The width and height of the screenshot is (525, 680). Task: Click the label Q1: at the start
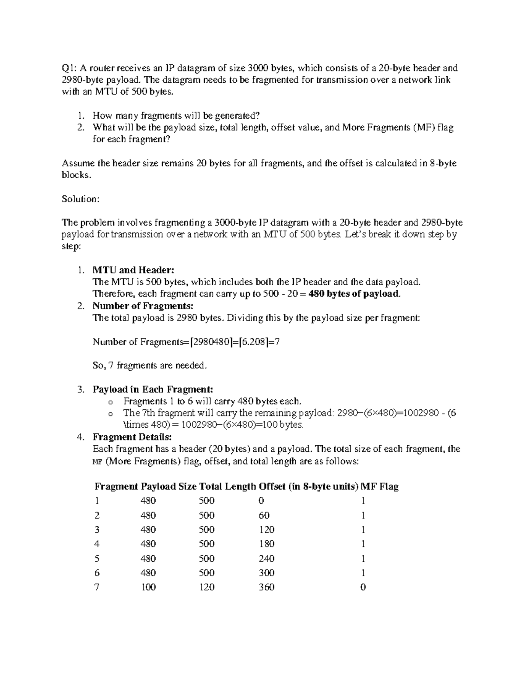click(x=69, y=68)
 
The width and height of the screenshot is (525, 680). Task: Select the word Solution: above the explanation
click(x=81, y=199)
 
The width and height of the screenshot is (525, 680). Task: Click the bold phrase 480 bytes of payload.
click(x=354, y=294)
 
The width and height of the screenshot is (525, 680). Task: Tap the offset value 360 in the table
click(x=266, y=587)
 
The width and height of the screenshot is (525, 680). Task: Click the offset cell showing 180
click(x=266, y=544)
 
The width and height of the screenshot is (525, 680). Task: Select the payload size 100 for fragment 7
click(x=148, y=587)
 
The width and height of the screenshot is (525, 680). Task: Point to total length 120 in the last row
click(x=206, y=587)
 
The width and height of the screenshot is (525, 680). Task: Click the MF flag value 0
click(x=363, y=587)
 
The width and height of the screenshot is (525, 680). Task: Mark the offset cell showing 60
click(x=264, y=515)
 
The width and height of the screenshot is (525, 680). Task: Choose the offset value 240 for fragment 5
click(x=266, y=559)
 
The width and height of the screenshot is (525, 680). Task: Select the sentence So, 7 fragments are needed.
click(x=149, y=366)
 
